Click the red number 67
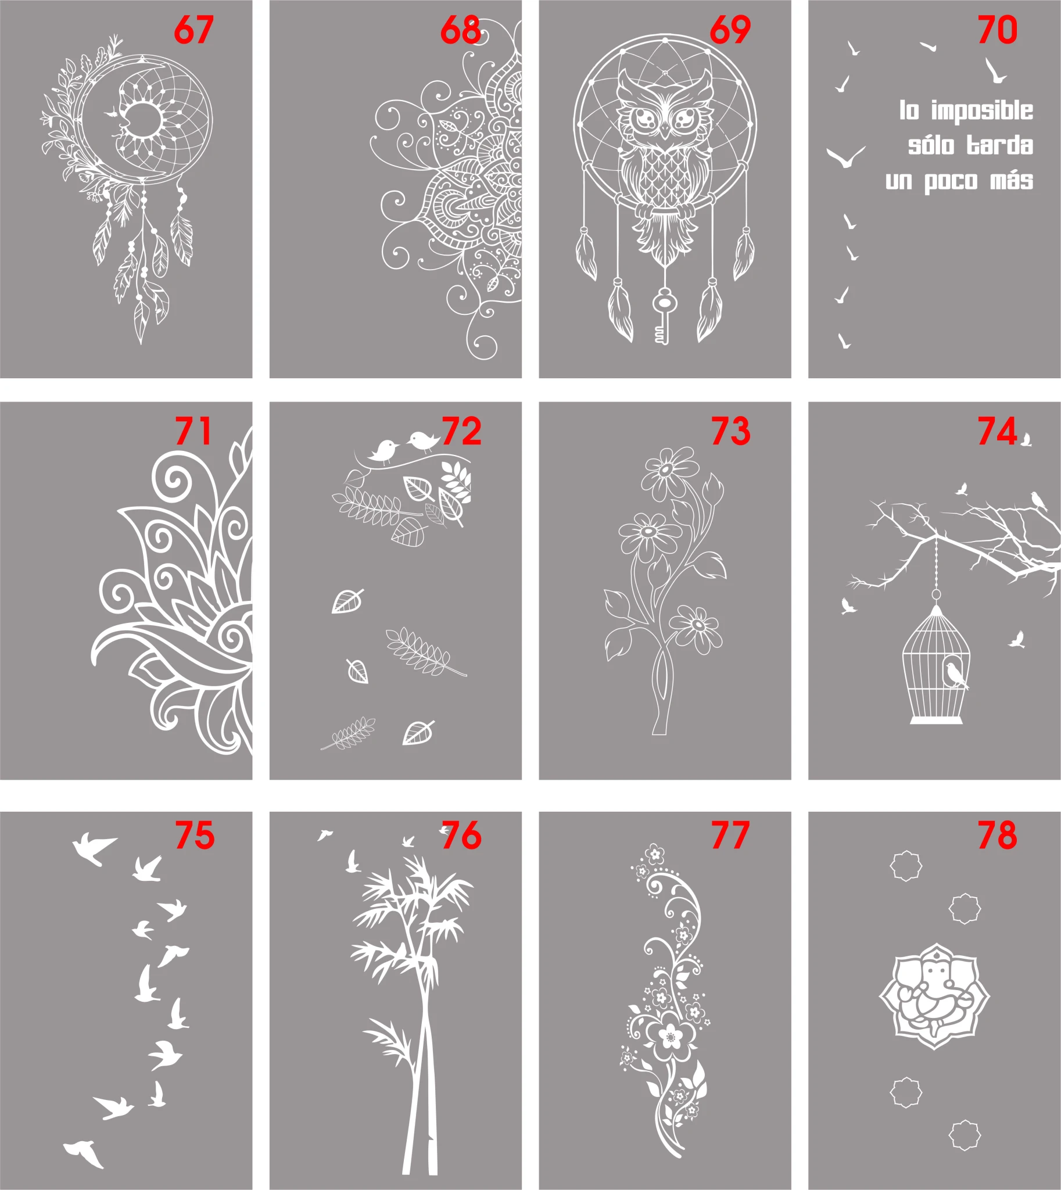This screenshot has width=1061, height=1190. click(194, 30)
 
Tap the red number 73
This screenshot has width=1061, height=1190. click(730, 432)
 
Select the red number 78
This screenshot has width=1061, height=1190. click(998, 836)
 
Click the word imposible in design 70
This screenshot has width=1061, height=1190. click(982, 112)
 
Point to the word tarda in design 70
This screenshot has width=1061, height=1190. click(1000, 145)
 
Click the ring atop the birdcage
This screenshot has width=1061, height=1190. click(935, 594)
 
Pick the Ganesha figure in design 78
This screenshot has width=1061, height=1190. click(934, 997)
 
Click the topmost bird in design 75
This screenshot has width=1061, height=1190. click(94, 847)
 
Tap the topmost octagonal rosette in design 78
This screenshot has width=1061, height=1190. click(906, 865)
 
